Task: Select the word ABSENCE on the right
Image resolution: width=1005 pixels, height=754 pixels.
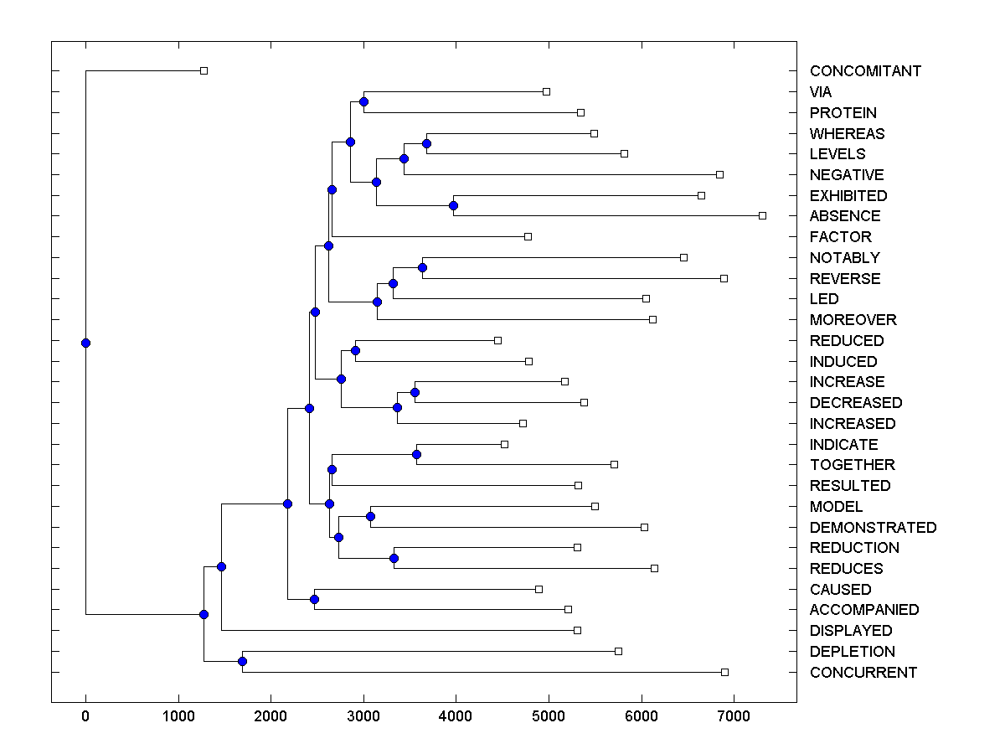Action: tap(845, 216)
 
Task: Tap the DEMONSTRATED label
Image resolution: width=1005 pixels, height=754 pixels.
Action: tap(873, 527)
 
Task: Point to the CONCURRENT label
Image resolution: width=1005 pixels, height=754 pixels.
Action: tap(863, 672)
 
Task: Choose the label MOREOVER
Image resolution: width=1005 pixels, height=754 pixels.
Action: tap(853, 320)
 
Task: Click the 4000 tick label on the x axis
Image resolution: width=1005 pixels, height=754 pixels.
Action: tap(456, 714)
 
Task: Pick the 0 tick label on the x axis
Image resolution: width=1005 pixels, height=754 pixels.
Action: tap(85, 714)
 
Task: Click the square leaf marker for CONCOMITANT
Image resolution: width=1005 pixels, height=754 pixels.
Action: tap(204, 71)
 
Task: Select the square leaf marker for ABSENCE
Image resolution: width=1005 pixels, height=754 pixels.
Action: tap(762, 216)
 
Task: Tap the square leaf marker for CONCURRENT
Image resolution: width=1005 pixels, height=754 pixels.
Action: tap(725, 672)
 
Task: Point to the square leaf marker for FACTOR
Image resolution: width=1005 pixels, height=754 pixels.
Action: tap(528, 237)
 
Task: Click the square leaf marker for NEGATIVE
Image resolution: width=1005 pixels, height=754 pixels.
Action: tap(719, 174)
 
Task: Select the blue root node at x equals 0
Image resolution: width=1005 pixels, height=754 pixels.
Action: tap(85, 343)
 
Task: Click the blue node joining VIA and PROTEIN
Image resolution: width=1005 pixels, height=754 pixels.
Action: tap(363, 101)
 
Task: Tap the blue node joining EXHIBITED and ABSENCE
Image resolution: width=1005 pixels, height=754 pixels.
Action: tap(454, 205)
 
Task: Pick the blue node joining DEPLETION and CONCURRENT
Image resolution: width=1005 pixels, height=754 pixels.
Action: tap(242, 662)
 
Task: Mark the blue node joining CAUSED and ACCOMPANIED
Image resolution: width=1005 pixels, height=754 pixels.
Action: tap(315, 599)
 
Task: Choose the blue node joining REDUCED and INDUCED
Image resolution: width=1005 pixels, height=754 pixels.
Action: tap(355, 350)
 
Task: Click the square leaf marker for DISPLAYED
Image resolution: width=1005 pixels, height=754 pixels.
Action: tap(577, 630)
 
